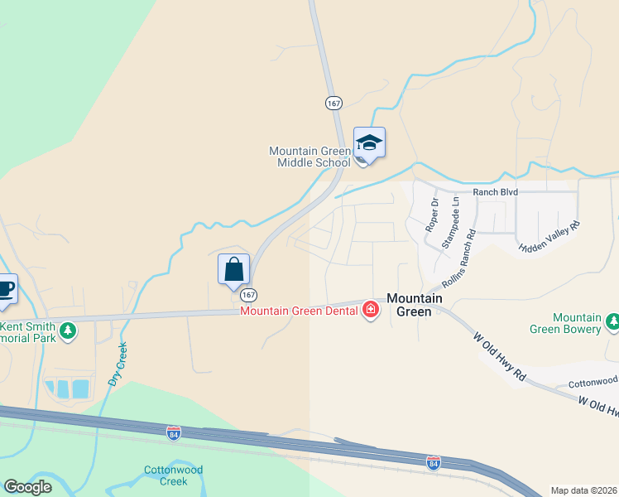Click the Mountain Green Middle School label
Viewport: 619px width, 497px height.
(309, 157)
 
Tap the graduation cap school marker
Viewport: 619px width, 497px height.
(368, 144)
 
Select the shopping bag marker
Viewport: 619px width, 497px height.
(233, 270)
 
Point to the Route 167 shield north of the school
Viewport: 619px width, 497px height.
(333, 103)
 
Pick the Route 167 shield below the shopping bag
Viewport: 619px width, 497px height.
(248, 295)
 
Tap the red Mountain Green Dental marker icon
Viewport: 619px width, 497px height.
(370, 311)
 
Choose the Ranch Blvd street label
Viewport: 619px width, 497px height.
(495, 192)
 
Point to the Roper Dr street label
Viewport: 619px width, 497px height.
(431, 214)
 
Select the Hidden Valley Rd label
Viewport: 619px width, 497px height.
(550, 236)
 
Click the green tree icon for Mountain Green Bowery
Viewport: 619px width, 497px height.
(612, 322)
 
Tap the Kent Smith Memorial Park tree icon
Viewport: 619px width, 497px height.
(68, 331)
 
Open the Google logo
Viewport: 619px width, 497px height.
(27, 487)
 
